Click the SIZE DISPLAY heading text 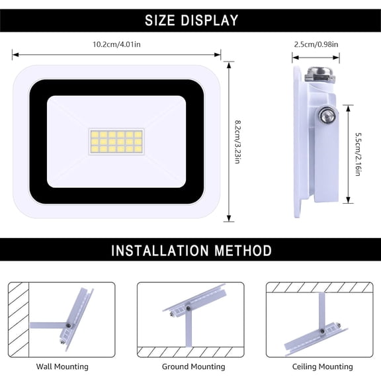pyautogui.click(x=191, y=21)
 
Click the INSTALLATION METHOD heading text pyautogui.click(x=191, y=251)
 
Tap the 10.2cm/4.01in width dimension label pyautogui.click(x=116, y=44)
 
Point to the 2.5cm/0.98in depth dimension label pyautogui.click(x=316, y=44)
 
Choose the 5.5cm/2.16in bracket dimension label pyautogui.click(x=357, y=153)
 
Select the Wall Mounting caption pyautogui.click(x=62, y=366)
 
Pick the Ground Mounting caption pyautogui.click(x=193, y=366)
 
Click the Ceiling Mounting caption pyautogui.click(x=322, y=366)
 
